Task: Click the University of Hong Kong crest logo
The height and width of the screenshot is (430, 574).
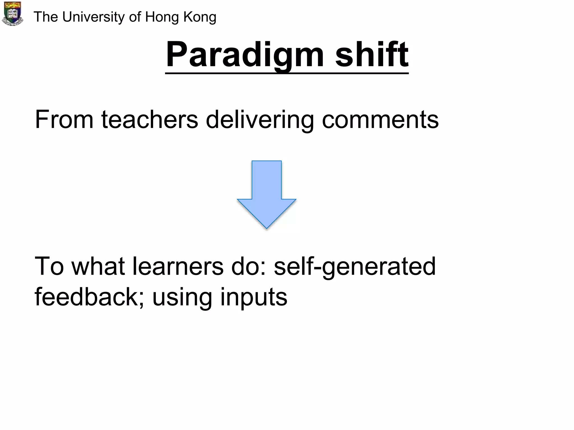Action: pyautogui.click(x=12, y=13)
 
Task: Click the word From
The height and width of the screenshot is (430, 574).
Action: pyautogui.click(x=64, y=120)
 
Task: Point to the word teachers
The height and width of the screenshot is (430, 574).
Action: pyautogui.click(x=150, y=120)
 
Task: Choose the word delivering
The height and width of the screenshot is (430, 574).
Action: pyautogui.click(x=260, y=120)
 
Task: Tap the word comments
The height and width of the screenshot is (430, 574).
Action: pyautogui.click(x=380, y=120)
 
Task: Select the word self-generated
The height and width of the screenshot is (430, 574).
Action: pyautogui.click(x=355, y=266)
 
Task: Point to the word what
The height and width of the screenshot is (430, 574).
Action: pyautogui.click(x=98, y=266)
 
